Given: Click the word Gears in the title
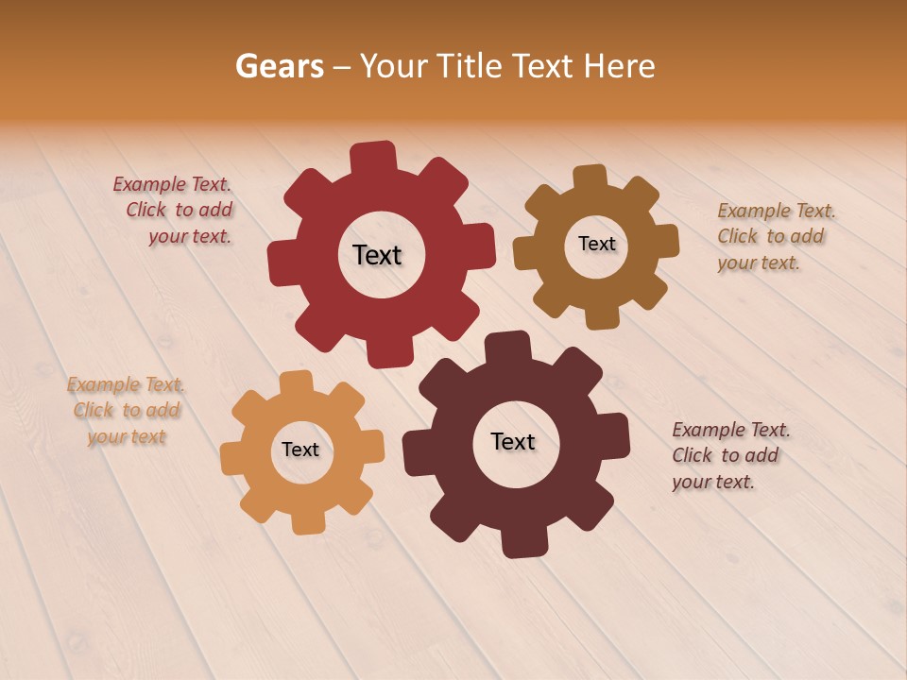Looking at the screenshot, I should [279, 66].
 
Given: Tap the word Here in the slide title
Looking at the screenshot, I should [619, 66].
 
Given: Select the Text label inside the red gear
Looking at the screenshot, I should [377, 255].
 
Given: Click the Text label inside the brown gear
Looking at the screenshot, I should [596, 244].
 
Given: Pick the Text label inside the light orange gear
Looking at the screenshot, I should [300, 450].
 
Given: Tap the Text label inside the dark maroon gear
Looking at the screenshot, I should [512, 441].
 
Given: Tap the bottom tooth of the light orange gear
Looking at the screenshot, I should [308, 523].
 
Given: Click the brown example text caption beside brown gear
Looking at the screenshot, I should [775, 236].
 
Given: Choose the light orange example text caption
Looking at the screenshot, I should [126, 411].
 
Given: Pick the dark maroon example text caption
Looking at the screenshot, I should [729, 455].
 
